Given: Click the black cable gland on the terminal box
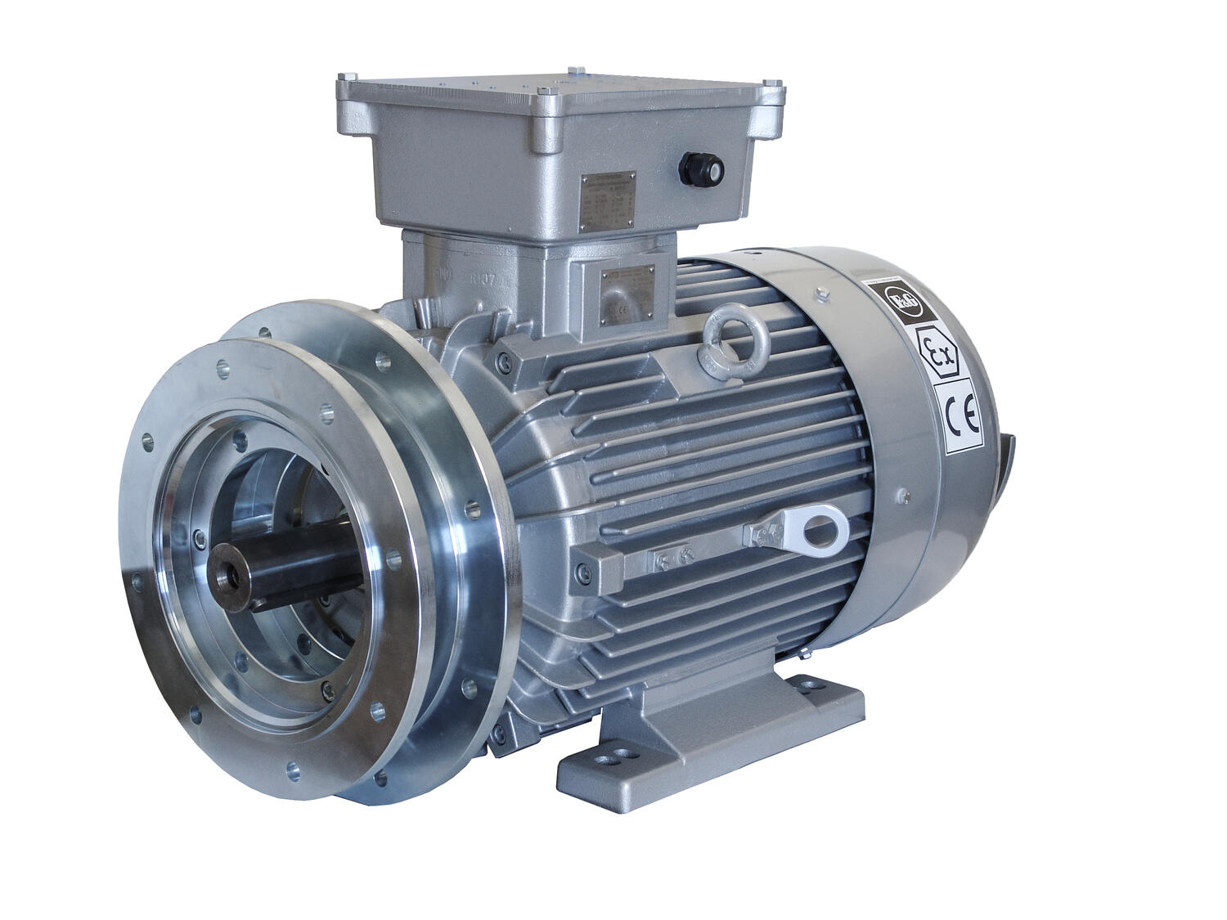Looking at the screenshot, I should tap(702, 169).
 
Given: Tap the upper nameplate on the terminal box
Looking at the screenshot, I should tap(609, 202).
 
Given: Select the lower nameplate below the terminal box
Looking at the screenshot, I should tap(627, 290).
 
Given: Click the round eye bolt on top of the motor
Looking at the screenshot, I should tap(726, 331).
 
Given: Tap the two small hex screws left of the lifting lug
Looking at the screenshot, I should tap(672, 558).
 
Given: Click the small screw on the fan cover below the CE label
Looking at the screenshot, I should tap(903, 496).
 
